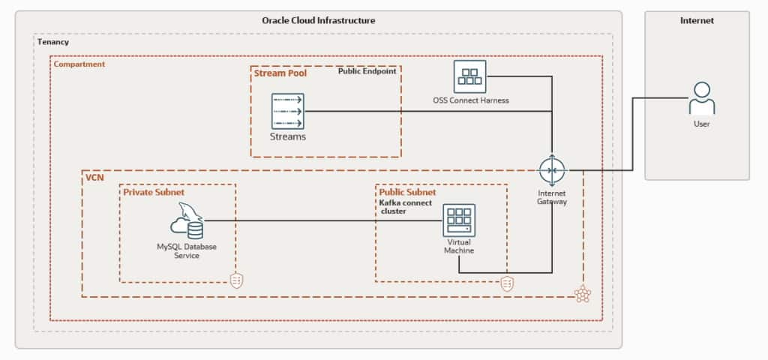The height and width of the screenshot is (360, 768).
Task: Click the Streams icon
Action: pos(288,111)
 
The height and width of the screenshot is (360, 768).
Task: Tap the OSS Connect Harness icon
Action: pos(470,76)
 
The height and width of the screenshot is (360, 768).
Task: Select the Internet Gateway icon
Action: pos(552,171)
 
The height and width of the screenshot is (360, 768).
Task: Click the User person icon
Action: pos(701,98)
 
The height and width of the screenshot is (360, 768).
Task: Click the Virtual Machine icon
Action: pos(458,220)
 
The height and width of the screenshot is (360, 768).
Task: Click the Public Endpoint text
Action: pos(367,73)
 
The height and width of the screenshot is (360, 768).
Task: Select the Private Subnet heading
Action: pos(154,192)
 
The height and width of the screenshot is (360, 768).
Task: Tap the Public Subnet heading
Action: pos(407,192)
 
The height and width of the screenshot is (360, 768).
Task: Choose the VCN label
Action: pos(94,178)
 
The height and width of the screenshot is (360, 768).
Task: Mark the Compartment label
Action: pos(79,64)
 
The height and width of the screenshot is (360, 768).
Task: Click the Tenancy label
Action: pos(53,42)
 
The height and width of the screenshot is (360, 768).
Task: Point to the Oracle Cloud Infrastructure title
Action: pos(319,20)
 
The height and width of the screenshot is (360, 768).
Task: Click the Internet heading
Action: pos(697,21)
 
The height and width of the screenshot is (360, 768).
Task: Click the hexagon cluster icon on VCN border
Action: pos(583,295)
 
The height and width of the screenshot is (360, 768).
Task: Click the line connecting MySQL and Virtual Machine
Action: pos(322,220)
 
